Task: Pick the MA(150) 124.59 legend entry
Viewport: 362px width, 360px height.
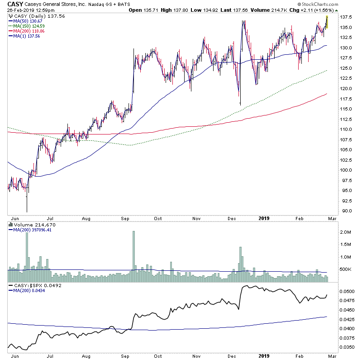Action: point(26,27)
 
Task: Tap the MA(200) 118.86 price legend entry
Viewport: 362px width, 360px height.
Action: point(26,31)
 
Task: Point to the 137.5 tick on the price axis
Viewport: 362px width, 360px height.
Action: point(347,17)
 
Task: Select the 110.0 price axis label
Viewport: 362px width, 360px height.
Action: point(347,130)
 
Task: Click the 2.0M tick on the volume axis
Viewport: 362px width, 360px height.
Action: point(346,232)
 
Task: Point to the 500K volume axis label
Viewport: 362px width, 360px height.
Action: point(346,269)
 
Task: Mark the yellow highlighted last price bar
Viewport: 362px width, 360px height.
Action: point(327,21)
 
